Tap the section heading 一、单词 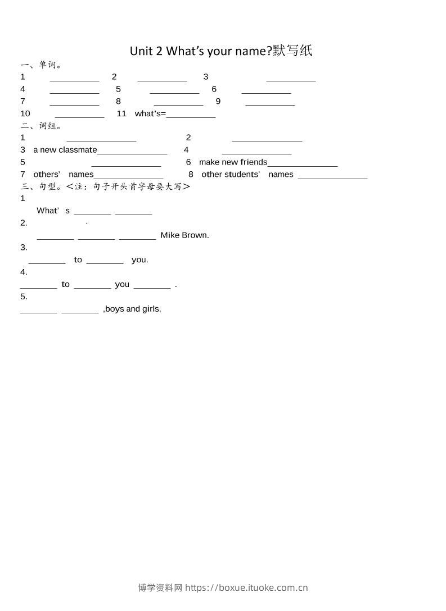click(40, 65)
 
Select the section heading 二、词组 click(40, 126)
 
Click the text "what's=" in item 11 click(150, 113)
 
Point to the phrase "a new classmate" click(65, 150)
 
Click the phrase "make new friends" click(233, 162)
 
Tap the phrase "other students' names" click(247, 175)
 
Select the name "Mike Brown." click(184, 235)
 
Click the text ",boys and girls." click(132, 309)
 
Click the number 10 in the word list click(25, 113)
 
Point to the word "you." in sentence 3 click(140, 260)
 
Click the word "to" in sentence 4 click(66, 284)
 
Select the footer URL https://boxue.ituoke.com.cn click(246, 588)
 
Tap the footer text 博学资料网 click(160, 588)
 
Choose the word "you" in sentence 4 click(122, 284)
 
